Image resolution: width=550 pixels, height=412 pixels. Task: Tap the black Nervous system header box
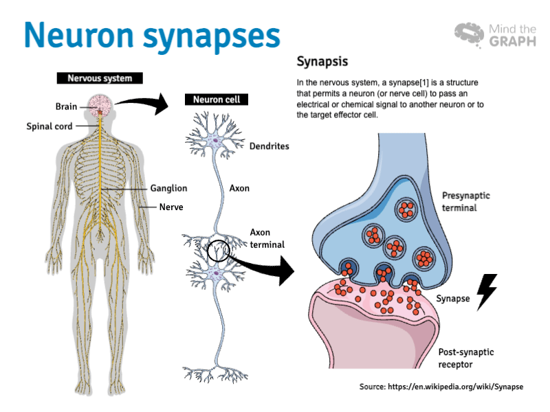pos(99,78)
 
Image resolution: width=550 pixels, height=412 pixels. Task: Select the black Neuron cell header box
pos(216,100)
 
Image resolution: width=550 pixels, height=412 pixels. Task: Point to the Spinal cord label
pos(49,126)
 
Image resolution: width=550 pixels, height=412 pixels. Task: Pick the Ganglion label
pos(168,188)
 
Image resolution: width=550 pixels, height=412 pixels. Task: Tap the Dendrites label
pos(269,146)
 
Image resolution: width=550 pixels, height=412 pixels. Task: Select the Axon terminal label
pos(267,238)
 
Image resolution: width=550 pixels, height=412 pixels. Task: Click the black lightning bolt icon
pos(487,292)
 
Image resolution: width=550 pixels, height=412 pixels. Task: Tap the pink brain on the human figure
pos(100,105)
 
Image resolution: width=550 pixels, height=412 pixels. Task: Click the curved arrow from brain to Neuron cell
pos(144,104)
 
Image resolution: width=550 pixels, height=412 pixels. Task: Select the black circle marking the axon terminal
pos(220,251)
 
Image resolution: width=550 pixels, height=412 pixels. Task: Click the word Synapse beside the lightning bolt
pos(453,299)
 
